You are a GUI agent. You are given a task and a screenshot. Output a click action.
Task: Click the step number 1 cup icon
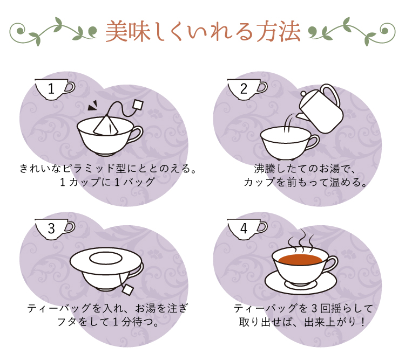click(x=55, y=89)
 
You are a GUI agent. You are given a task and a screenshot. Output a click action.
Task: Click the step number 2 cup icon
click(x=247, y=89)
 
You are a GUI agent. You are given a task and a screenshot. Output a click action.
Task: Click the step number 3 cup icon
click(x=55, y=229)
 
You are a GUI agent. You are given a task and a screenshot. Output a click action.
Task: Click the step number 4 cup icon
click(x=247, y=229)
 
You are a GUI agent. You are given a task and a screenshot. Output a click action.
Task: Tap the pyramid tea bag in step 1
click(x=106, y=126)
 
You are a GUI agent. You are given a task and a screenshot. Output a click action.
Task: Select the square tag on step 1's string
click(x=138, y=105)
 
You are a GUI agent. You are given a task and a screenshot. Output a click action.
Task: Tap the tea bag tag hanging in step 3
click(x=127, y=290)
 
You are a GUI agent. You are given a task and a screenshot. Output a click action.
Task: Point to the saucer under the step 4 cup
click(x=301, y=284)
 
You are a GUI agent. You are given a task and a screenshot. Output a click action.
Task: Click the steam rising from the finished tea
click(x=300, y=240)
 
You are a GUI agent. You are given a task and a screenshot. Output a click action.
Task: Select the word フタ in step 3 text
click(x=67, y=322)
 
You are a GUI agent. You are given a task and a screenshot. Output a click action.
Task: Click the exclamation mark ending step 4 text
click(x=363, y=322)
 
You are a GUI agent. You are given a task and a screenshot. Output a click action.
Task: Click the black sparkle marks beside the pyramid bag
click(x=92, y=105)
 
